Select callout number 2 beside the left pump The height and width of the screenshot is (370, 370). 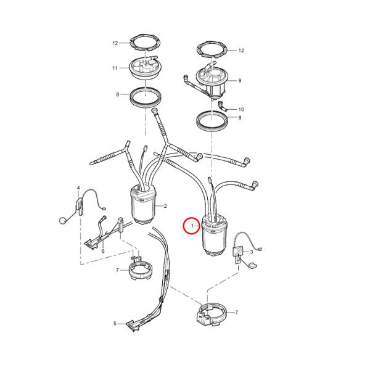165,206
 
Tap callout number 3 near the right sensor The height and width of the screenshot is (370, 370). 252,252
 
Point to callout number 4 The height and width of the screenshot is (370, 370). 78,188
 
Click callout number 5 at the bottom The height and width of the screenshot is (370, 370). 115,323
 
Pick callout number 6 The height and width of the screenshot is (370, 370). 103,251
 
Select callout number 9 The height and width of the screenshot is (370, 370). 240,81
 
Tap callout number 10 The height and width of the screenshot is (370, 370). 241,110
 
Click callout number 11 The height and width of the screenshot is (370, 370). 115,68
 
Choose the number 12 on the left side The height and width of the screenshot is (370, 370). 115,43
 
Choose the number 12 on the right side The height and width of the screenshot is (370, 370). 241,51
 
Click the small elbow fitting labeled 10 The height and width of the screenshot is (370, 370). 222,106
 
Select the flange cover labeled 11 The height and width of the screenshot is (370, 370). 145,67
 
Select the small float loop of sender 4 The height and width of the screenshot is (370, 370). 62,221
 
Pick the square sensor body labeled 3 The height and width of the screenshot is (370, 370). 238,251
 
